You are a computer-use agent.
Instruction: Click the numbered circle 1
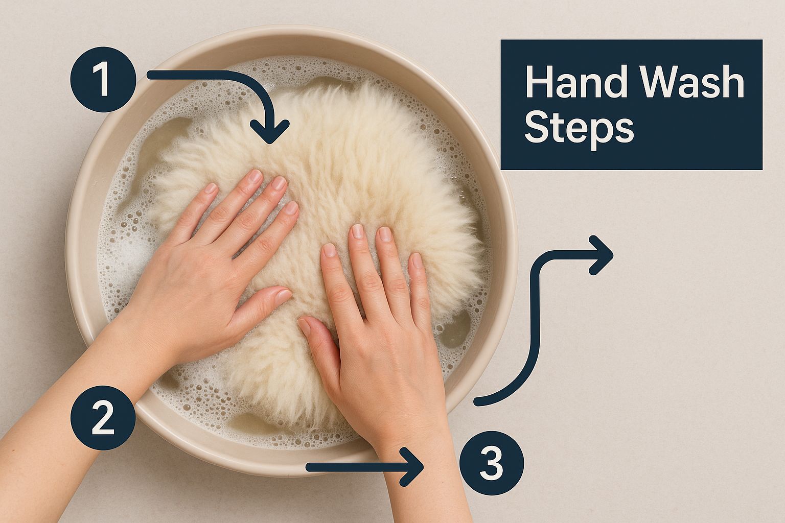coord(103,80)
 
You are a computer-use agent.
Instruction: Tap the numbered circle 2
coord(103,418)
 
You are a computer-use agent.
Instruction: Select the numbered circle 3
coord(492,463)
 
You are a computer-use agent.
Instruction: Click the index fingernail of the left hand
coord(292,208)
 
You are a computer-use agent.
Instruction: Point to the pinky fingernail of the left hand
coord(211,188)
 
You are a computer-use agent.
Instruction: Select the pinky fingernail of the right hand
coord(417,260)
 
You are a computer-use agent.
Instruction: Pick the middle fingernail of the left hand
coord(280,183)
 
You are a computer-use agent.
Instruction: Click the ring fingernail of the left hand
coord(255,176)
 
